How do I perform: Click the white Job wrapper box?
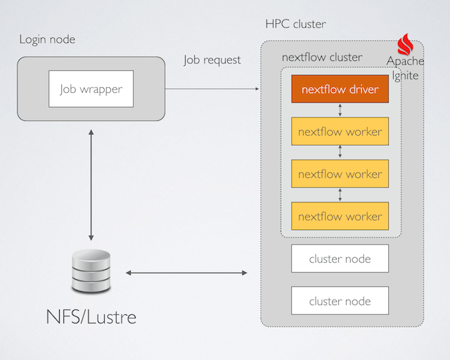[91, 89]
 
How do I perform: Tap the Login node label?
[47, 39]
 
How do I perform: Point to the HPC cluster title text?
[295, 24]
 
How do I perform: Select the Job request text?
[212, 60]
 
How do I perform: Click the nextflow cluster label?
[322, 57]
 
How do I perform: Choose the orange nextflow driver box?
[340, 89]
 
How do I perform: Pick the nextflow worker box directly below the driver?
[340, 131]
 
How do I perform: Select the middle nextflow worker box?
[340, 174]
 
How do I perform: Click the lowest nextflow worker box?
[340, 216]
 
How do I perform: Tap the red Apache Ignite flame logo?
[406, 46]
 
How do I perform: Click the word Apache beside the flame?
[405, 62]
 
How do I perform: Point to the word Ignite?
[406, 76]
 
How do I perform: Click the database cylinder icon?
[91, 275]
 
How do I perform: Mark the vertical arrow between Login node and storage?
[91, 184]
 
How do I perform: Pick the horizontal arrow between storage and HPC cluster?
[187, 272]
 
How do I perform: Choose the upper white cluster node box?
[340, 259]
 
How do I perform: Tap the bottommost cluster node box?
[340, 301]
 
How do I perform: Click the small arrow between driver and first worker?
[340, 110]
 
